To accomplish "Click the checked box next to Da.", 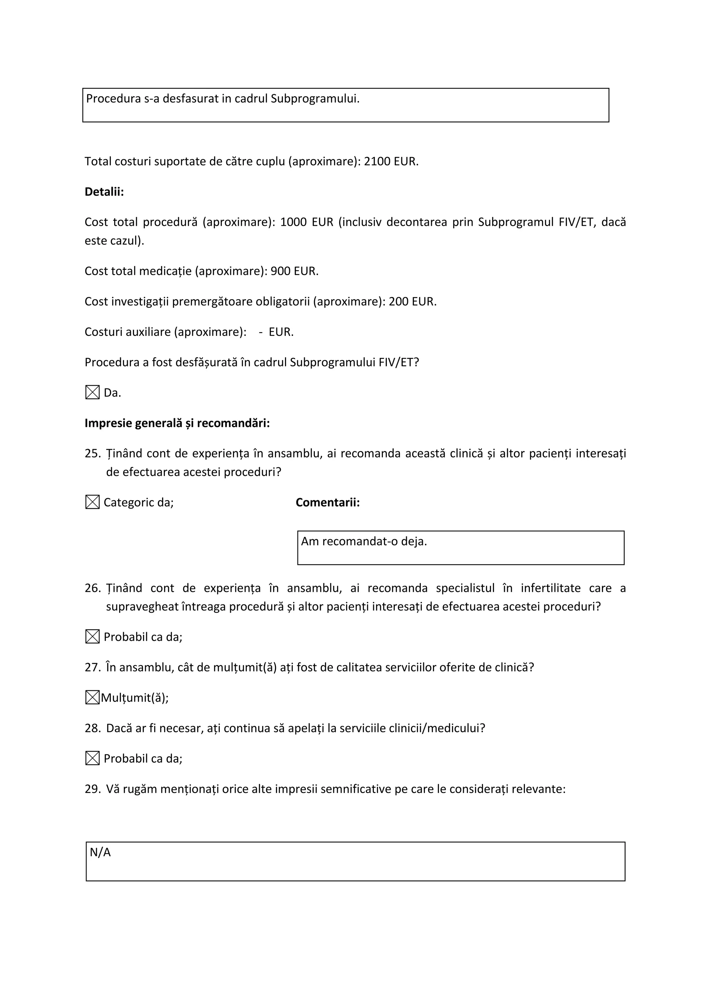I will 92,392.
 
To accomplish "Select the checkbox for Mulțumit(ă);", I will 92,697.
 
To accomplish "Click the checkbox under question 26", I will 92,637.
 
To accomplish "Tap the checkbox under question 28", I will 92,758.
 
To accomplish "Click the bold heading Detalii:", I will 104,192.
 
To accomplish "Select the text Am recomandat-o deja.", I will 363,542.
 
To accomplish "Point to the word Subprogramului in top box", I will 315,99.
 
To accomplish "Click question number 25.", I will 92,453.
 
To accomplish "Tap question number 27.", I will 92,667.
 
